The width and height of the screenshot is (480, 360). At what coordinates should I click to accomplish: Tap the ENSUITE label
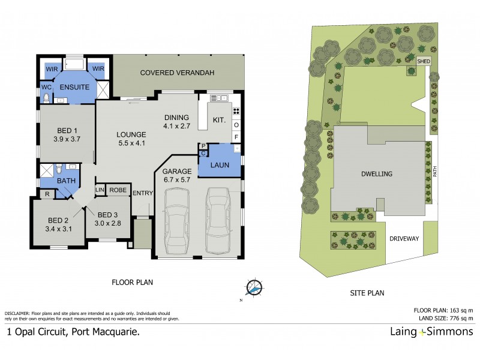(x=74, y=88)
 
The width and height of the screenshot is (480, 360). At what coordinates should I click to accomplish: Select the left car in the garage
(x=177, y=222)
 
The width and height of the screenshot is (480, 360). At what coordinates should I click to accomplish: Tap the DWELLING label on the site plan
(x=377, y=174)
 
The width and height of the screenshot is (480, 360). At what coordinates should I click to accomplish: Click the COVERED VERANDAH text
(x=177, y=73)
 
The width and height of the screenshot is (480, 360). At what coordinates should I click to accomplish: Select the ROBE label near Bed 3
(x=119, y=190)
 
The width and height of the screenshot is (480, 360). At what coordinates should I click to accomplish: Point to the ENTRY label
(x=143, y=193)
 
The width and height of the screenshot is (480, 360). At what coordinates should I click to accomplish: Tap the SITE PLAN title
(x=367, y=293)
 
